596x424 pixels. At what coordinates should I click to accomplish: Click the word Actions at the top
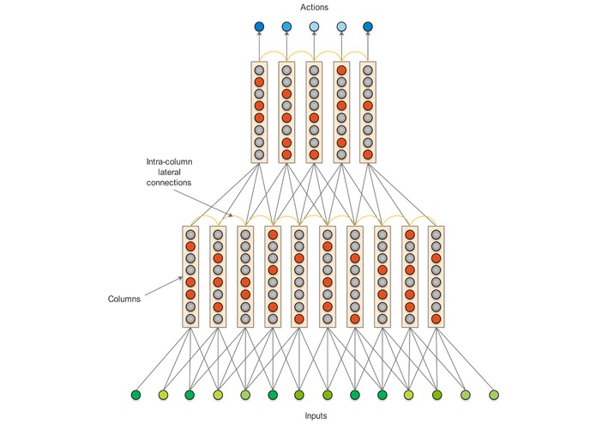314,8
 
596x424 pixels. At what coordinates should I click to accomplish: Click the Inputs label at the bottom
314,415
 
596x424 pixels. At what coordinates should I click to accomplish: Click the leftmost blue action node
259,27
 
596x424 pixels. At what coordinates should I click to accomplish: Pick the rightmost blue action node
369,27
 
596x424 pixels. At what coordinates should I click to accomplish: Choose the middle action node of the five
314,27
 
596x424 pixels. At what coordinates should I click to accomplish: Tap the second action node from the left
286,27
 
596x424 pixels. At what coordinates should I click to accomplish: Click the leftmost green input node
135,395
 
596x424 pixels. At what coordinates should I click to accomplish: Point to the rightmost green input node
493,395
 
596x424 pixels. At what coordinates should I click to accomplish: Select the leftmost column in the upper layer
259,112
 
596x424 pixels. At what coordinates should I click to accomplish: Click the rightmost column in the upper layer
369,112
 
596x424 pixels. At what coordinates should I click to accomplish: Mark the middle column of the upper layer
314,112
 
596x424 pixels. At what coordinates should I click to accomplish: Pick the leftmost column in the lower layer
191,276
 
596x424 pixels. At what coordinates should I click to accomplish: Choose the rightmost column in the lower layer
436,276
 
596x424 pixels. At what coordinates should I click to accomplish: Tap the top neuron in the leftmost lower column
191,233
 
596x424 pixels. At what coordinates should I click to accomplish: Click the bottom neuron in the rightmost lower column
436,319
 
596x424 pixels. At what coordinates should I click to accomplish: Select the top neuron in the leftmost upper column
259,70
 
